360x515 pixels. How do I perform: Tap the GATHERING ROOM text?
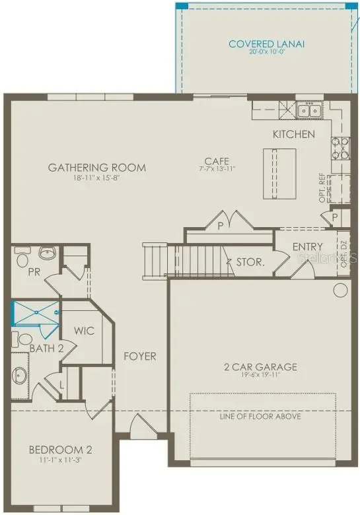coord(96,167)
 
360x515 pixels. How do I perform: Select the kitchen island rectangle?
coord(278,173)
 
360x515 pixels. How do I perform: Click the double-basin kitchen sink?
coord(308,110)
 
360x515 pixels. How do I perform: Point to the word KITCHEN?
coord(294,134)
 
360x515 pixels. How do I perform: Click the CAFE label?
coord(216,160)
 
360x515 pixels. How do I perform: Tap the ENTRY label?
coord(307,247)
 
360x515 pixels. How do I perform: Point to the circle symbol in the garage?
coord(341,290)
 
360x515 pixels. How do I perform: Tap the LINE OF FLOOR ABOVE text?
coord(260,417)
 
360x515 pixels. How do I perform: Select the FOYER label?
coord(140,357)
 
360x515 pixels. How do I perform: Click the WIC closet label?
coord(84,331)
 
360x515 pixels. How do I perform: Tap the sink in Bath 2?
coord(19,375)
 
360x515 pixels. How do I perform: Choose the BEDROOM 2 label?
coord(60,450)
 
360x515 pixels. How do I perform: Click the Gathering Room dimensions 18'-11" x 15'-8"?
coord(96,178)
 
